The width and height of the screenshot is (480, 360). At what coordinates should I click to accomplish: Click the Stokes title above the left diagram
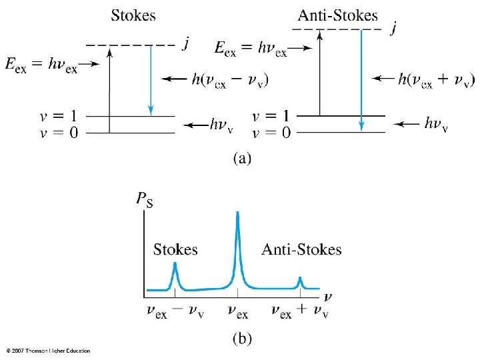133,15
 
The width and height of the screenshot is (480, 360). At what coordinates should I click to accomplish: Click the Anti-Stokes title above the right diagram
337,15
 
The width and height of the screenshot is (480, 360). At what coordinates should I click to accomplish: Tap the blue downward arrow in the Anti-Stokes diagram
361,80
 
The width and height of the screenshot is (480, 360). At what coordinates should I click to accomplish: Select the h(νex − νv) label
230,80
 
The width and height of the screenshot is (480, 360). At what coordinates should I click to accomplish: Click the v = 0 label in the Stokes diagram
59,133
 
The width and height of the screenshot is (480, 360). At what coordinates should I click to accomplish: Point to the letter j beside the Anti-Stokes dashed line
395,29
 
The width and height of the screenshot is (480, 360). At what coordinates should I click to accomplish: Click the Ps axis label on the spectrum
143,199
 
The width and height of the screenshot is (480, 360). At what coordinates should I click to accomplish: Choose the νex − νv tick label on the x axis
175,311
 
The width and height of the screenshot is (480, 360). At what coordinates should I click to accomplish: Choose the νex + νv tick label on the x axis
300,311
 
